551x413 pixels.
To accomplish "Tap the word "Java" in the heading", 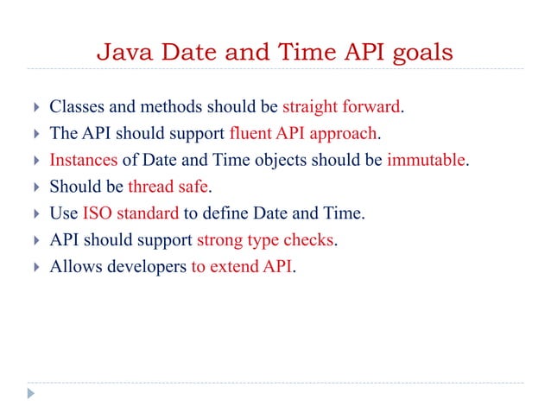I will tap(121, 53).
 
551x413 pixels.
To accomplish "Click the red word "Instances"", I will tap(83, 161).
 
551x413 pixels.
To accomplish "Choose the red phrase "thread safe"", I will tap(168, 187).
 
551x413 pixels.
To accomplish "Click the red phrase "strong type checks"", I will tap(265, 240).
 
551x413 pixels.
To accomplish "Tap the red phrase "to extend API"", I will tap(242, 266).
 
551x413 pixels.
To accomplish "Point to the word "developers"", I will tap(147, 266).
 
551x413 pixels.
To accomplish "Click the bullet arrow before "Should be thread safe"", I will tap(33, 187).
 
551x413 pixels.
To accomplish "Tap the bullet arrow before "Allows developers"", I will tap(33, 266).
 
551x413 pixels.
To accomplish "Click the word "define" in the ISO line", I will tap(226, 213).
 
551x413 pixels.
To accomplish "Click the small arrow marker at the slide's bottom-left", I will tap(31, 394).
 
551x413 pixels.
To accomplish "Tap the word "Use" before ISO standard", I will tap(64, 213).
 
